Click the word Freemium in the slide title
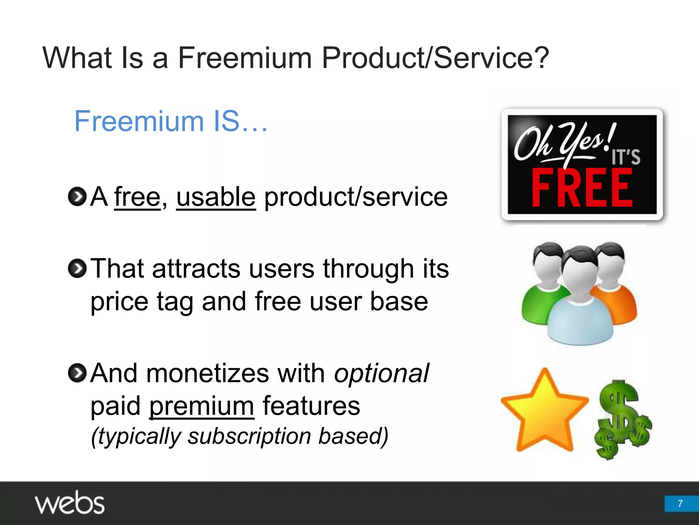245,58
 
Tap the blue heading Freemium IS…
171,121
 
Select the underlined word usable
216,197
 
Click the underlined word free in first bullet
137,197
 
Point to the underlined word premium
201,406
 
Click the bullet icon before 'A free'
77,197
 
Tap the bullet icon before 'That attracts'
77,269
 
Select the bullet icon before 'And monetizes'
77,373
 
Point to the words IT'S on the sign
626,157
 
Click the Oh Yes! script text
563,142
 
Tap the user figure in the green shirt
543,284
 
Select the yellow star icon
544,412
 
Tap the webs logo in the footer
70,503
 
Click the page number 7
680,503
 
